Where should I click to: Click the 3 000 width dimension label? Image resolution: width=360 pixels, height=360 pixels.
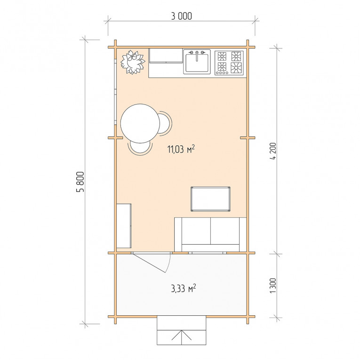[181, 16]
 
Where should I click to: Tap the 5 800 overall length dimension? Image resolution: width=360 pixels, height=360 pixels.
[80, 182]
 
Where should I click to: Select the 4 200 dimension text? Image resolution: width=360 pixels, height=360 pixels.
[273, 151]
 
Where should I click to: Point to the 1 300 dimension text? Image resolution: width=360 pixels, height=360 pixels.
[273, 286]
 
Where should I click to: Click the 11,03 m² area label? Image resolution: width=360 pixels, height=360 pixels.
[181, 149]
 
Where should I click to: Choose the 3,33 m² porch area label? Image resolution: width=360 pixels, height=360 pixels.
[184, 288]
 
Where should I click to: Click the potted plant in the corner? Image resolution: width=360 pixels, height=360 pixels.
[133, 62]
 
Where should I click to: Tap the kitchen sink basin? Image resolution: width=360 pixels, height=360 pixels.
[197, 62]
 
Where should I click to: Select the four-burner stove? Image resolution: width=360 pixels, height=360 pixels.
[229, 63]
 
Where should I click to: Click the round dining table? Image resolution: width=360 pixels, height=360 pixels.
[140, 123]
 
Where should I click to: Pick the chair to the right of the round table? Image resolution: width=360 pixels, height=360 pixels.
[165, 123]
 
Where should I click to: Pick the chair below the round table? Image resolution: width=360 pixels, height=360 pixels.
[140, 148]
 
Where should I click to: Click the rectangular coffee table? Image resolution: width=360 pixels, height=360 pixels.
[210, 199]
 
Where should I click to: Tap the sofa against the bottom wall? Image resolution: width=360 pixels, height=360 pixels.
[210, 235]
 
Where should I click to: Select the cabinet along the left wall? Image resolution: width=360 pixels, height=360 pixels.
[124, 226]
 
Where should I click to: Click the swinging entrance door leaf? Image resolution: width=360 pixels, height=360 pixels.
[149, 263]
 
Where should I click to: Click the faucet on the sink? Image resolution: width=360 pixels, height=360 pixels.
[197, 56]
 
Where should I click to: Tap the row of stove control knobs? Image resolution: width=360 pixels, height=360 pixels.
[222, 73]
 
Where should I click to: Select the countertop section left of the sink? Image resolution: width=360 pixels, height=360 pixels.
[166, 56]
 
